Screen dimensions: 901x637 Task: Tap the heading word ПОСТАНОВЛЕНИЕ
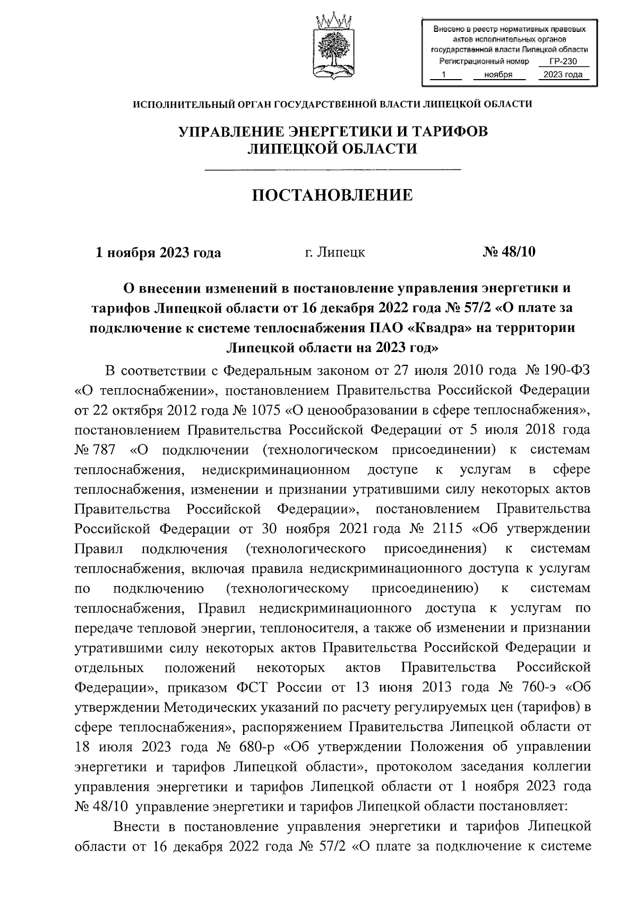[332, 195]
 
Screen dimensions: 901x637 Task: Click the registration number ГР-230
[563, 62]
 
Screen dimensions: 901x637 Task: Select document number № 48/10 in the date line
[509, 252]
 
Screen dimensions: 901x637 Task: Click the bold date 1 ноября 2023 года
[158, 252]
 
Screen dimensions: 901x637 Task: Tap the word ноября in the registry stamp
[498, 75]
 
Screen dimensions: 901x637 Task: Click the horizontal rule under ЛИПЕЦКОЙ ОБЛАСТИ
[332, 169]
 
